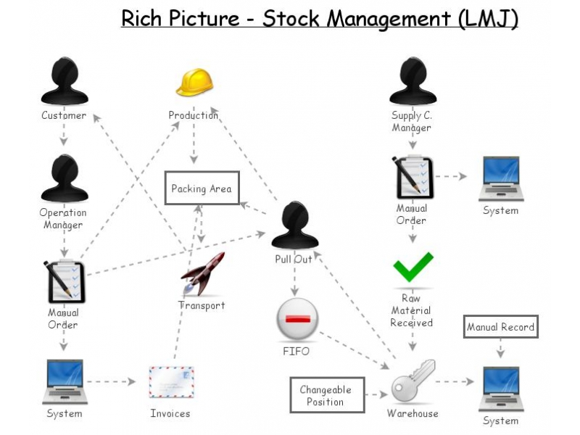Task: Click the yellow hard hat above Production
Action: pos(194,83)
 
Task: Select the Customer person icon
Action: pos(64,81)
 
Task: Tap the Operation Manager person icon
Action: pos(64,178)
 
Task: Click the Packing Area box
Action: pos(201,188)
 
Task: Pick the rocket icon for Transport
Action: pos(203,275)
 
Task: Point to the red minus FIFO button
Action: pos(297,320)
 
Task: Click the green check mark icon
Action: pos(413,268)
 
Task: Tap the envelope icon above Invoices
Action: pos(171,381)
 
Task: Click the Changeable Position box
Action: pos(326,395)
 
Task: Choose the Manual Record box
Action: pos(500,327)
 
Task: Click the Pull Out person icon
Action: pos(294,225)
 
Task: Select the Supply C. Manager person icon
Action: pos(413,81)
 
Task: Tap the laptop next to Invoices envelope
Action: pos(64,381)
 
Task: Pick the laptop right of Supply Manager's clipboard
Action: pos(500,178)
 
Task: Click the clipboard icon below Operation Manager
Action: pos(65,281)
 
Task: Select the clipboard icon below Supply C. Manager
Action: pos(413,177)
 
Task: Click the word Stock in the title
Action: pos(291,18)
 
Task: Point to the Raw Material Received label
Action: pos(411,311)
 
